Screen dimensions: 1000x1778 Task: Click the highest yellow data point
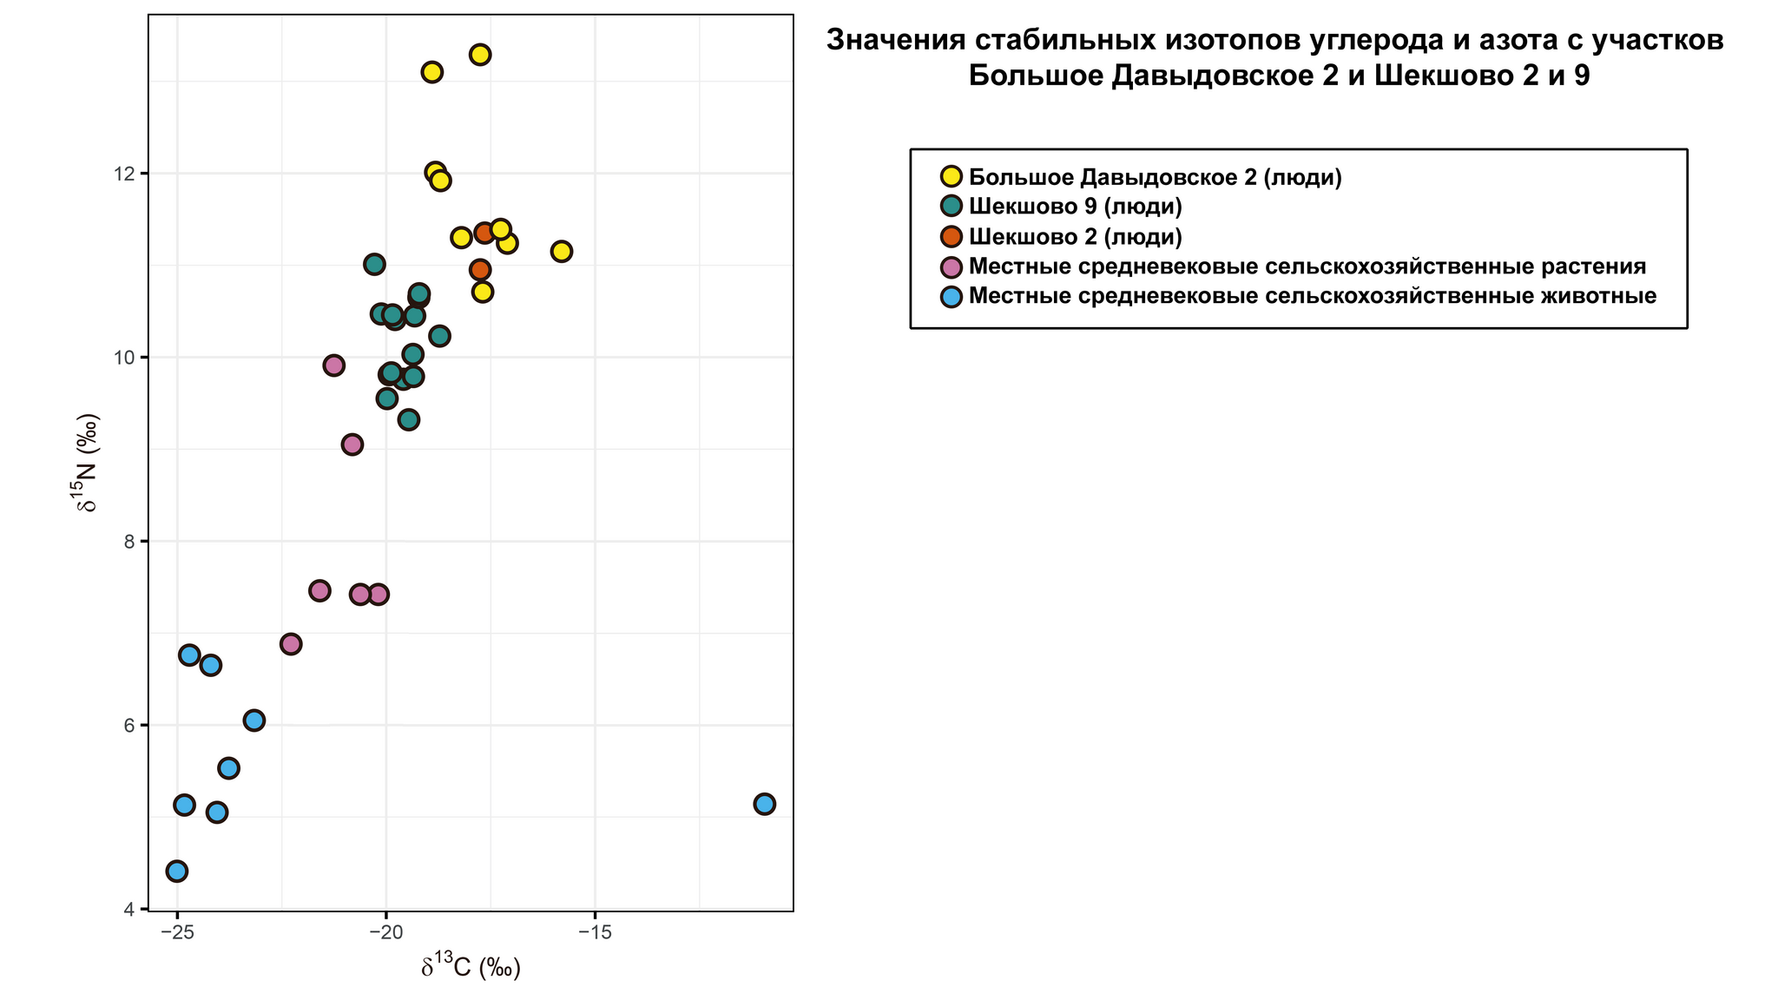click(480, 55)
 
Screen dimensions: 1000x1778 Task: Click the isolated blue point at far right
click(764, 804)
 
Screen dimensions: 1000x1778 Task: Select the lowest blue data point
click(177, 871)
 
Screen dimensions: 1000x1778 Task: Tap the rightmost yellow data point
click(562, 252)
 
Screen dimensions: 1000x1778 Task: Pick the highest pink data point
click(334, 365)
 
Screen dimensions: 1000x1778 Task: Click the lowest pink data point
click(291, 644)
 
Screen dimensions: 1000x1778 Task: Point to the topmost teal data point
click(374, 264)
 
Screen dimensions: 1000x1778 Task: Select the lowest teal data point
click(409, 420)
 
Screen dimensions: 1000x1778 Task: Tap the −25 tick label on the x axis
click(177, 932)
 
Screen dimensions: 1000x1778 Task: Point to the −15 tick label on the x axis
click(595, 932)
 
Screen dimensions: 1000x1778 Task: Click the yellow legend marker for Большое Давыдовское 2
click(952, 177)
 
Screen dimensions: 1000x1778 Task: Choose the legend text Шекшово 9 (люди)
click(1076, 207)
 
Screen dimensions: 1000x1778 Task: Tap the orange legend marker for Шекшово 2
click(952, 236)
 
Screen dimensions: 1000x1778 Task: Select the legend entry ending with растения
click(1307, 266)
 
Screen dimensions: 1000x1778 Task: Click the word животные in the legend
click(1597, 296)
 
